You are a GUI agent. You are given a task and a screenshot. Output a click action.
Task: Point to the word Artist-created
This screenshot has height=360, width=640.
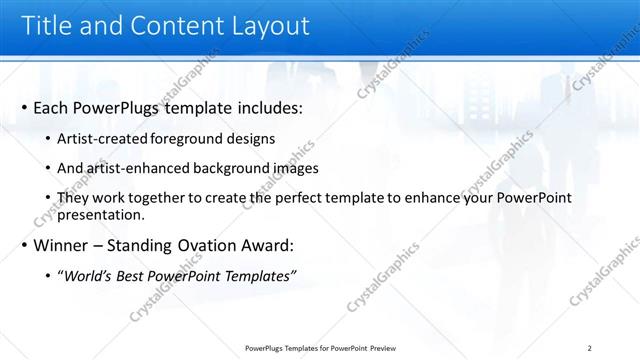pyautogui.click(x=105, y=137)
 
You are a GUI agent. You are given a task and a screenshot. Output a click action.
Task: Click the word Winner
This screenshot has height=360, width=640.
pyautogui.click(x=62, y=245)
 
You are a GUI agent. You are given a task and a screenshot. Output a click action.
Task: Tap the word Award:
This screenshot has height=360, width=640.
pyautogui.click(x=269, y=245)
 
